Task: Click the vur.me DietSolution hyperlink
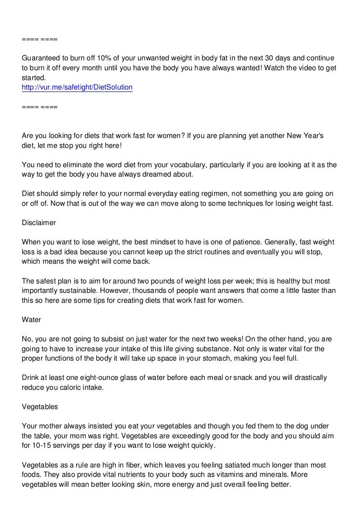[x=78, y=87]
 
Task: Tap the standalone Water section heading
[x=32, y=320]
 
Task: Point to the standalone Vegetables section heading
[x=40, y=407]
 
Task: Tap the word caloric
[x=74, y=387]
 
